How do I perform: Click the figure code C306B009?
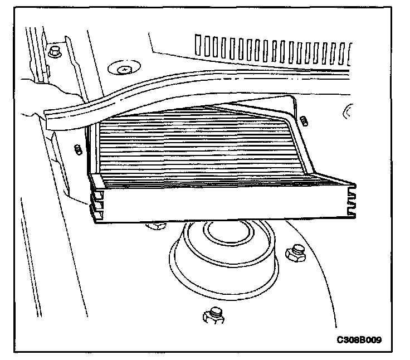362,339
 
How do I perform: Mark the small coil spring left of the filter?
78,149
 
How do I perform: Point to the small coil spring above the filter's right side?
304,120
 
